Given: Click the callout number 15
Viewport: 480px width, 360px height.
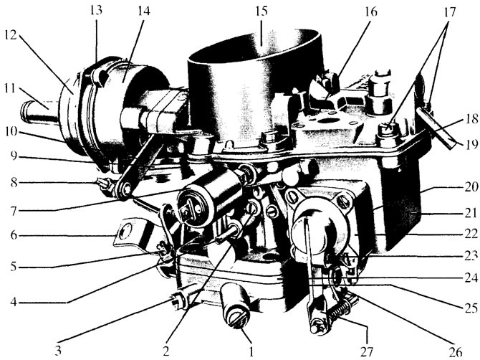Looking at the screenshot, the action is click(x=261, y=11).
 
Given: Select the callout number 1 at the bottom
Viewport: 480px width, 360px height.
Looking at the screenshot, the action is click(x=251, y=351).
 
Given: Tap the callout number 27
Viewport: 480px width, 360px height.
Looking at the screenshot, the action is click(x=366, y=351).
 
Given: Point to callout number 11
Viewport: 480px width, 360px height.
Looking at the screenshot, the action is click(x=10, y=89).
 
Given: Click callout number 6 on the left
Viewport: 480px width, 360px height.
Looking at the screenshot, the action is click(x=13, y=236).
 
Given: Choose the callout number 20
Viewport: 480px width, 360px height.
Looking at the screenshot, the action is click(x=471, y=186).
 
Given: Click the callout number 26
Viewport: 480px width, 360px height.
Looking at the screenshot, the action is click(x=455, y=352).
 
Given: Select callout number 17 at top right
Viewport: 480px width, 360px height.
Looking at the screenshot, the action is click(x=448, y=12).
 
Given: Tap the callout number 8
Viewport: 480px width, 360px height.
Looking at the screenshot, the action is click(x=14, y=183).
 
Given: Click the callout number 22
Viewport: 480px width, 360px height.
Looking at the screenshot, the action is click(x=471, y=234).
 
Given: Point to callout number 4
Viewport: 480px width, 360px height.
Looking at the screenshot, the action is click(x=13, y=303).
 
